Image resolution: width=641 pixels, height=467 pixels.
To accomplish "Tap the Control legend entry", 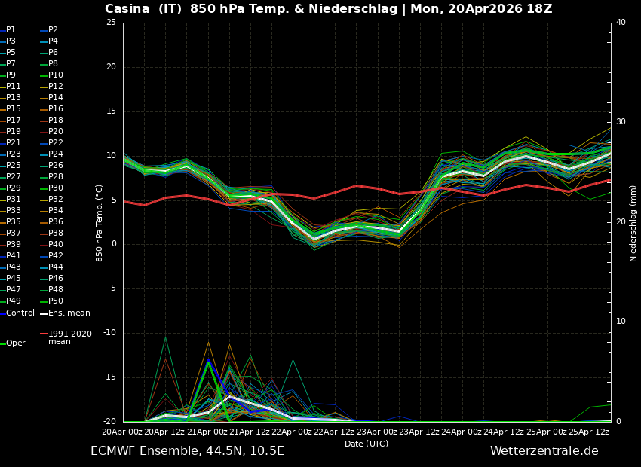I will pyautogui.click(x=20, y=313).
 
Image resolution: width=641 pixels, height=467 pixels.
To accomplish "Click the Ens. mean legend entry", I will pyautogui.click(x=69, y=313).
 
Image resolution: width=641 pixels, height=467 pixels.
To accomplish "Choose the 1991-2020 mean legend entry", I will pyautogui.click(x=69, y=337).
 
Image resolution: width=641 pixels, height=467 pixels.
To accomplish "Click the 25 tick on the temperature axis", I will pyautogui.click(x=111, y=23).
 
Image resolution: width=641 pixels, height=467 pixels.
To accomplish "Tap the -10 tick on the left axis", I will pyautogui.click(x=109, y=333).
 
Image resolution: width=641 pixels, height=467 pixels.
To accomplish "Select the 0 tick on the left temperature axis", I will pyautogui.click(x=113, y=244).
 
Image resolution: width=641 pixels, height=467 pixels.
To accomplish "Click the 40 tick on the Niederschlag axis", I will pyautogui.click(x=621, y=23).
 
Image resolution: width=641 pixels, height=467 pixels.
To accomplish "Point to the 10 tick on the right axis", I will pyautogui.click(x=621, y=322).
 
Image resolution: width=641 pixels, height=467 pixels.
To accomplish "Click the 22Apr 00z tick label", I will pyautogui.click(x=293, y=432).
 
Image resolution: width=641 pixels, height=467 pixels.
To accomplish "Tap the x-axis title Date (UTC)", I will pyautogui.click(x=367, y=444).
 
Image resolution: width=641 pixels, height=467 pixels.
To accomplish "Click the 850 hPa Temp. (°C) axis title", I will pyautogui.click(x=100, y=222).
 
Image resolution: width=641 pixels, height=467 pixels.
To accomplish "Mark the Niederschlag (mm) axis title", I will pyautogui.click(x=633, y=222).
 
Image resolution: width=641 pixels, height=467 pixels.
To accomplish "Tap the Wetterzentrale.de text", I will pyautogui.click(x=544, y=451).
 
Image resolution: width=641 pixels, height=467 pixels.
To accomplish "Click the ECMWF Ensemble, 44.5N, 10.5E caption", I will pyautogui.click(x=187, y=451).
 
